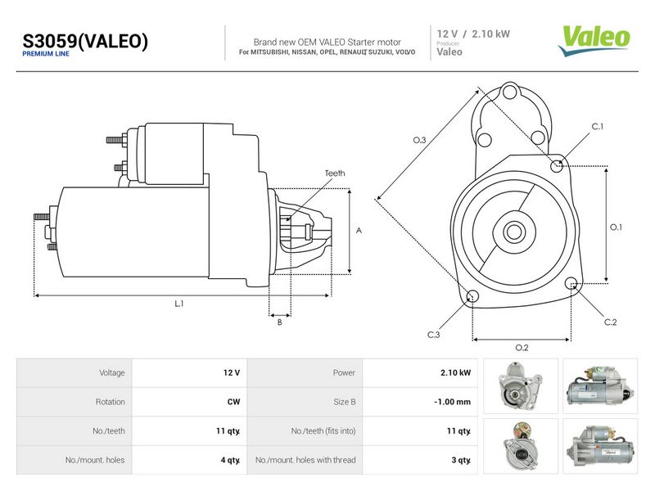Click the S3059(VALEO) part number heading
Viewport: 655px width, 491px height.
click(85, 42)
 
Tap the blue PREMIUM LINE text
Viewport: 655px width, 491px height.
click(46, 54)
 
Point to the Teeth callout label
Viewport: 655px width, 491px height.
click(335, 173)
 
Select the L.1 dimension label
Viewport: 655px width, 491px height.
click(179, 304)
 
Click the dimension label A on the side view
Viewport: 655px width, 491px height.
click(359, 231)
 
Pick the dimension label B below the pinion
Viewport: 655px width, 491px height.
click(279, 322)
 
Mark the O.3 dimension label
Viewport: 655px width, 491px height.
click(419, 140)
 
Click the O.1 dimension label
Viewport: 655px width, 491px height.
click(616, 227)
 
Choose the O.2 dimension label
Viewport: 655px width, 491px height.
click(522, 347)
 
